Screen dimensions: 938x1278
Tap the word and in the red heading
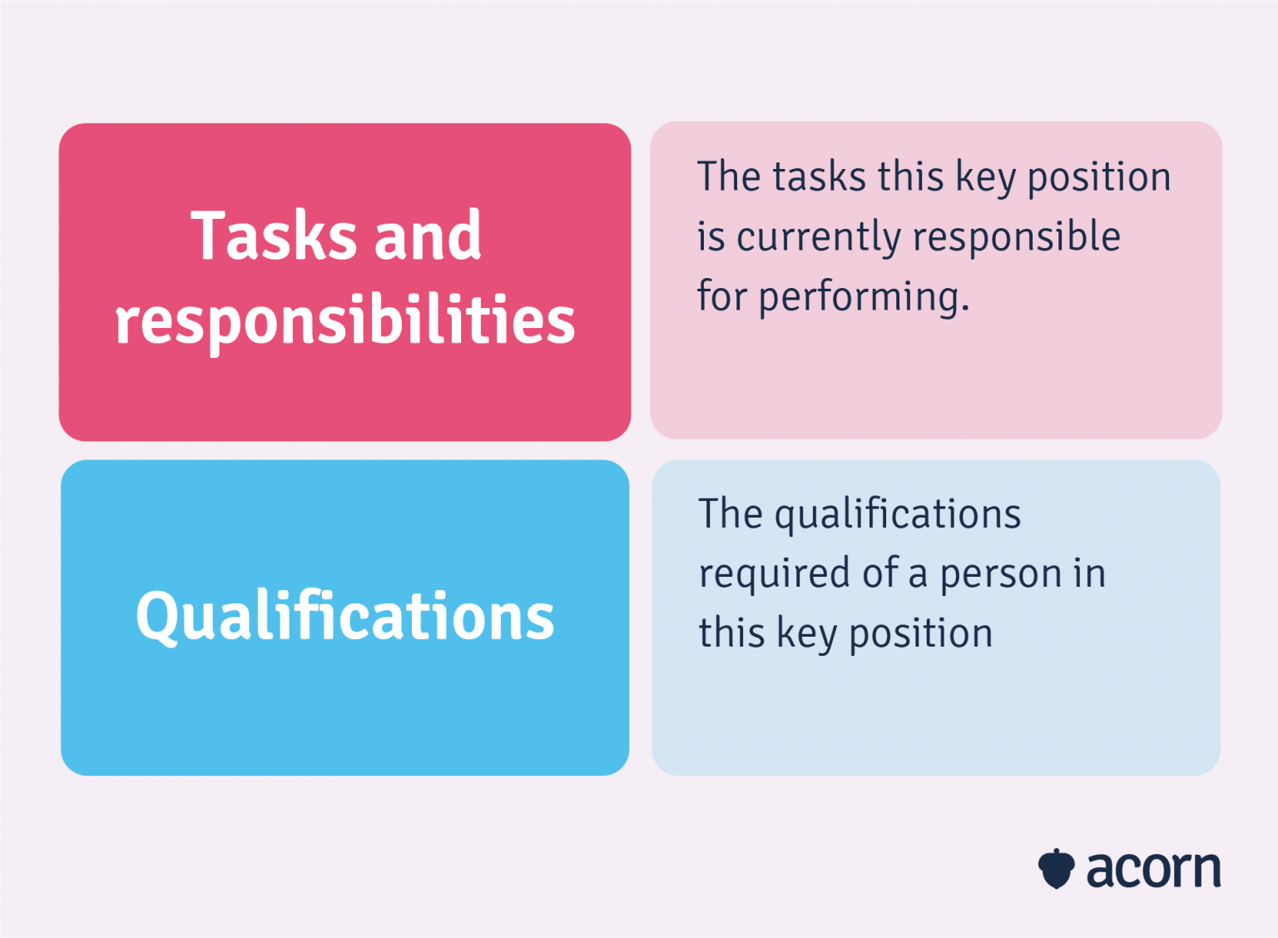click(428, 237)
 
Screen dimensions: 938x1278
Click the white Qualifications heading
click(345, 617)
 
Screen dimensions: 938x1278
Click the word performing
click(864, 298)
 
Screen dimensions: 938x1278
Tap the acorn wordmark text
click(1153, 870)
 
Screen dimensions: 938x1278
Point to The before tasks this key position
click(729, 176)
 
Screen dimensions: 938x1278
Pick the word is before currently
click(711, 237)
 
